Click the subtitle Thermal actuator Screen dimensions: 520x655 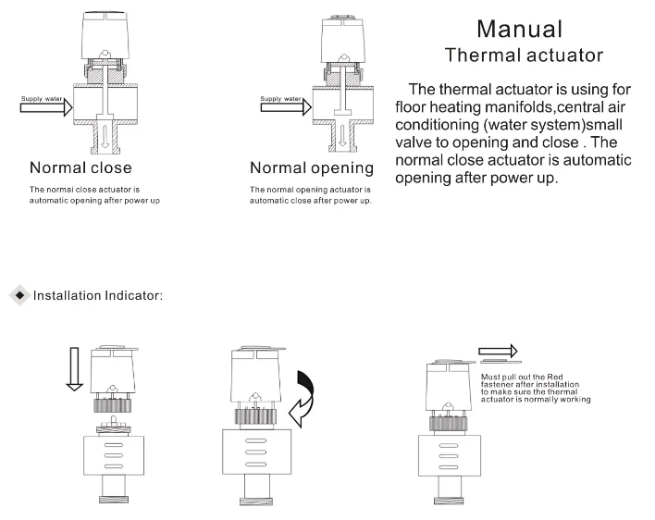524,55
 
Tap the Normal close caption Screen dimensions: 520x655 80,168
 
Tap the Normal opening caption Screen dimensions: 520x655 312,168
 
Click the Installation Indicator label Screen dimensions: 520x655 98,296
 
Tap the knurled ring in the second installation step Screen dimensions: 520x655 252,417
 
